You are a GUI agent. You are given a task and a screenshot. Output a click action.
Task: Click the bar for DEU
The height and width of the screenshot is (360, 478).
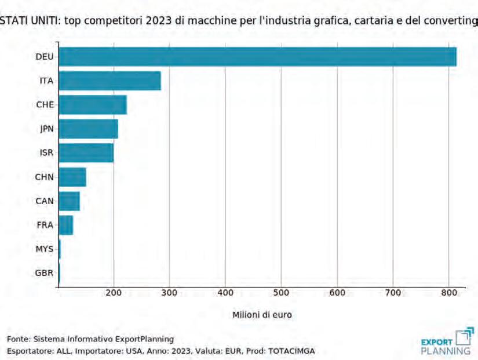[x=258, y=57]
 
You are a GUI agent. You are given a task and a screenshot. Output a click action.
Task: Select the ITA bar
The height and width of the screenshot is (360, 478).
[x=110, y=81]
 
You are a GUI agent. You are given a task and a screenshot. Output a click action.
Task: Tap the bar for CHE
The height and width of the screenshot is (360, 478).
[x=93, y=105]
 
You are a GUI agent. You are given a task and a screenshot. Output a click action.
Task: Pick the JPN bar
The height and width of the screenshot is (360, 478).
[x=89, y=129]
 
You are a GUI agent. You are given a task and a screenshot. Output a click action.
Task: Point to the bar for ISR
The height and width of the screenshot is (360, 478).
[x=86, y=153]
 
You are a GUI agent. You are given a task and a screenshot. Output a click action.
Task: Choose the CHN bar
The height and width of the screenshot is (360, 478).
[x=72, y=177]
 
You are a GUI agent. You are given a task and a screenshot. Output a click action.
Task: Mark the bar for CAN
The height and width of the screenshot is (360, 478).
[x=69, y=201]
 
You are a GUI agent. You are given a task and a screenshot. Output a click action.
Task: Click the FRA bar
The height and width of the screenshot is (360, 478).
[x=66, y=225]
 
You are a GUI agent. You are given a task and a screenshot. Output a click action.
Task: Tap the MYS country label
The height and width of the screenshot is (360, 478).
[x=45, y=249]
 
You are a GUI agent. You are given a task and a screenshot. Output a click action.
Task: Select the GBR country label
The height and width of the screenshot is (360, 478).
[x=45, y=273]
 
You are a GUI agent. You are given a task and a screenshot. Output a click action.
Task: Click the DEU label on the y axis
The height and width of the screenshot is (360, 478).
[x=45, y=57]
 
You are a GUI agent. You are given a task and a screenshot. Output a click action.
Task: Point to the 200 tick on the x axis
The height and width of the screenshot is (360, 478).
[x=114, y=293]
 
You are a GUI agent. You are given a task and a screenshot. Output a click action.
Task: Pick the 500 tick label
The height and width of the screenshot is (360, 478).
[x=281, y=293]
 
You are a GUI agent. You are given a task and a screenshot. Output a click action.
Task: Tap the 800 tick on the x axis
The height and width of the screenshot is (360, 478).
[x=448, y=293]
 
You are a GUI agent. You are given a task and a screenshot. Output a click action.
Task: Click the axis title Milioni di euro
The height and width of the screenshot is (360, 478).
[x=262, y=315]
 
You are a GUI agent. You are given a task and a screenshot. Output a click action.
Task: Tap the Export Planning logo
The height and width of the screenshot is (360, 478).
[x=447, y=341]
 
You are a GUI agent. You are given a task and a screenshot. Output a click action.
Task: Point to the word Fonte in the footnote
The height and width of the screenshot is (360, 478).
[x=18, y=339]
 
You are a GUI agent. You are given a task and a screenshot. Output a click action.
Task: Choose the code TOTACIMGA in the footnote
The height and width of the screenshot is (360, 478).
[x=291, y=351]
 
